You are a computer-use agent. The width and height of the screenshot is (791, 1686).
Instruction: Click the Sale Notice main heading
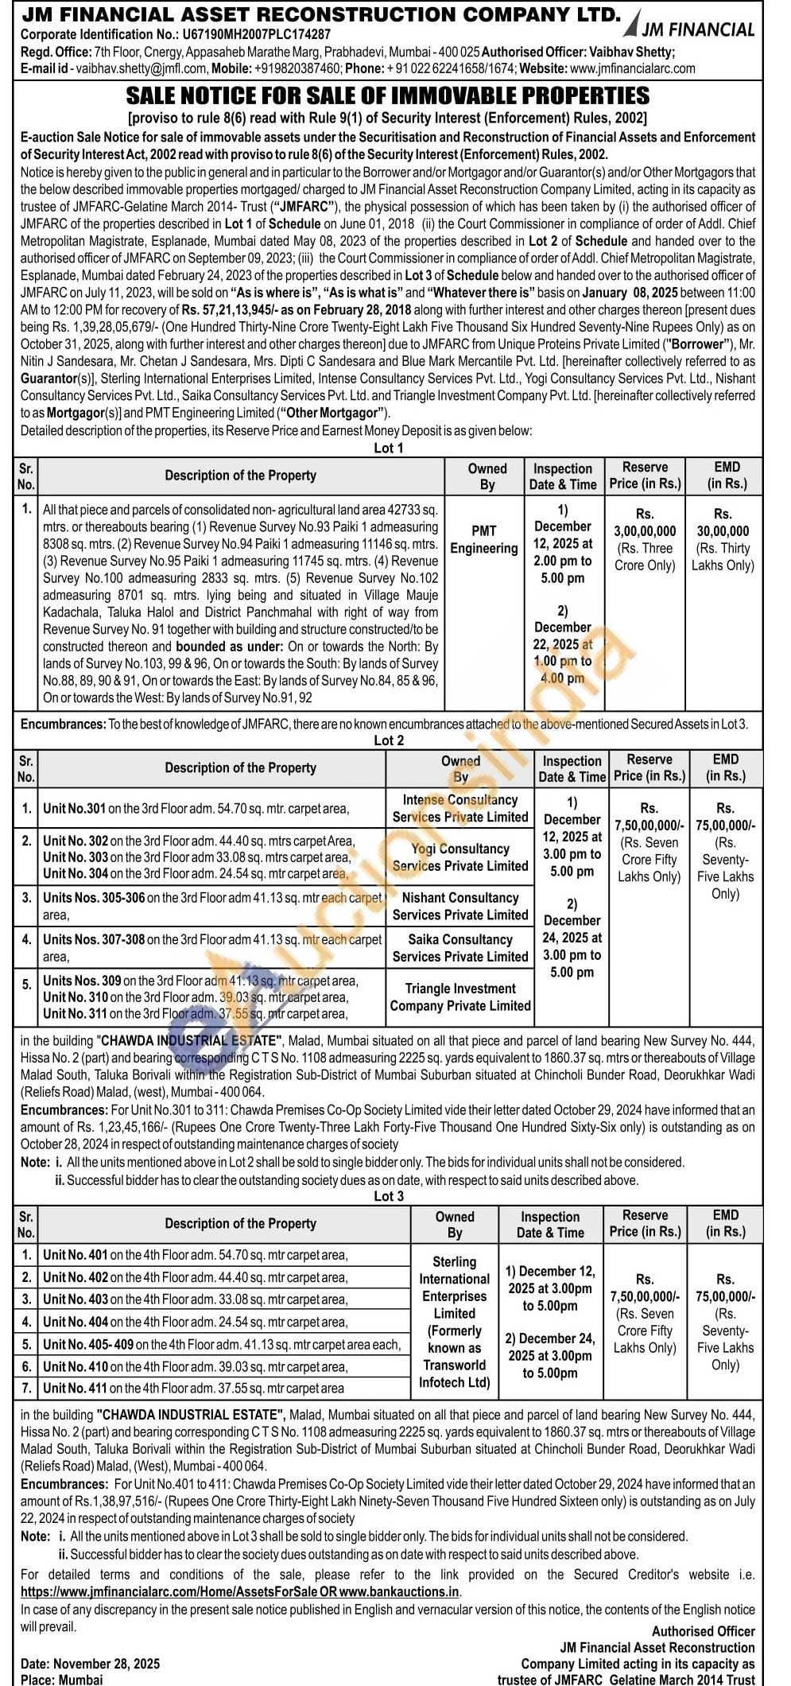(x=388, y=96)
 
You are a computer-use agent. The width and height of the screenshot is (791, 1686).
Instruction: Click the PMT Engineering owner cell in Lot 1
(x=483, y=539)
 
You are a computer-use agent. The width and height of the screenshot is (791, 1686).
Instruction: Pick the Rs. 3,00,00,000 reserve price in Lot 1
(x=645, y=531)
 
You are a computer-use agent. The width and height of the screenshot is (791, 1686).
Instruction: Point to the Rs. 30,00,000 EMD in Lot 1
(x=722, y=531)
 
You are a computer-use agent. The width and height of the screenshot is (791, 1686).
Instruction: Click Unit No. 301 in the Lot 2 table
(x=75, y=809)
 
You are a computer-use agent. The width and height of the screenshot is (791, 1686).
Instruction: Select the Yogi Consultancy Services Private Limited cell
(x=460, y=857)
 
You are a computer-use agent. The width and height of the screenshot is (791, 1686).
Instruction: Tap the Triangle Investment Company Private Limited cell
(x=460, y=996)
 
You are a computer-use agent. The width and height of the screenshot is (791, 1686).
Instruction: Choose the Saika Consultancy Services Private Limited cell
(x=460, y=948)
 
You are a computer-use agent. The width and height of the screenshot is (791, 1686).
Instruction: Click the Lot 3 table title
(x=389, y=1196)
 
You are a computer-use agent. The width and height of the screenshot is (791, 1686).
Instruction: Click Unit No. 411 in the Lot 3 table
(x=76, y=1389)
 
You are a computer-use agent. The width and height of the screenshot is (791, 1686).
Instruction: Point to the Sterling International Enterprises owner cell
(x=455, y=1321)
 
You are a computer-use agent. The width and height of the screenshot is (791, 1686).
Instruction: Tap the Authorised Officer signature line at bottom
(x=703, y=1631)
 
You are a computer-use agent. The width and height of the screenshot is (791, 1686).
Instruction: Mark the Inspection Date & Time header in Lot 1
(x=563, y=476)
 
